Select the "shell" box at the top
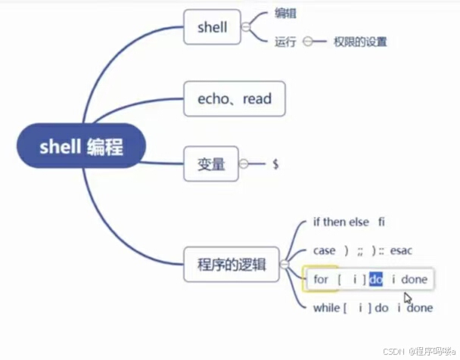pos(212,27)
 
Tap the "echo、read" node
pos(234,98)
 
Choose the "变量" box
pos(211,163)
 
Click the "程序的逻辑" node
pos(232,264)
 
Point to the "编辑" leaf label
pos(286,13)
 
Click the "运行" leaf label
pos(285,42)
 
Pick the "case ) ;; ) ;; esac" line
pos(361,250)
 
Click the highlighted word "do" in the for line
pos(376,280)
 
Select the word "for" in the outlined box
pos(321,280)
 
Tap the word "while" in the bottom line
pos(327,308)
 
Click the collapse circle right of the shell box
pos(245,27)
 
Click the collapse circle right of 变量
pos(244,163)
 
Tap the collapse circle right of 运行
pos(308,42)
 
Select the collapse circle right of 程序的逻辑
pos(284,265)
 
